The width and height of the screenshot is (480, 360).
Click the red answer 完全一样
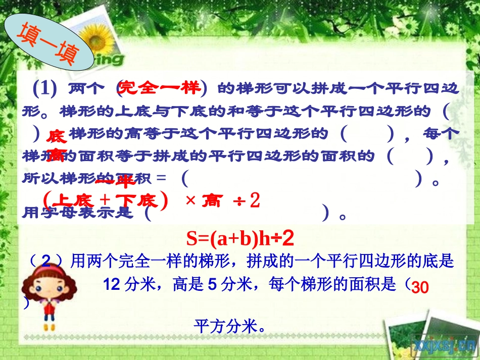[161, 88]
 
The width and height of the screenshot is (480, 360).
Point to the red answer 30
[420, 288]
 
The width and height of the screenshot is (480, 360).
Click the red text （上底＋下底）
[106, 201]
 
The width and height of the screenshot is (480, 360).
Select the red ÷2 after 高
[247, 201]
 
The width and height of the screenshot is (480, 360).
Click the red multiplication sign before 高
[190, 201]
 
